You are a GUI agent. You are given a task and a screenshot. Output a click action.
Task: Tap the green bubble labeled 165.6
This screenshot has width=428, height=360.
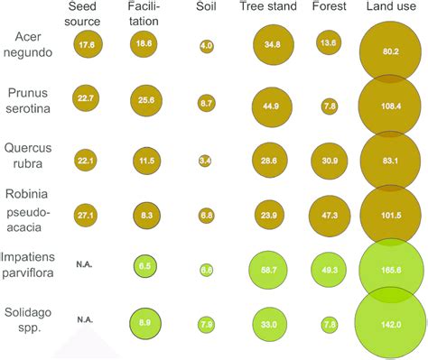[x=390, y=270]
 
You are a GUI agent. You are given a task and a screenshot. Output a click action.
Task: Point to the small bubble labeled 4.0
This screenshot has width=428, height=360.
[x=206, y=44]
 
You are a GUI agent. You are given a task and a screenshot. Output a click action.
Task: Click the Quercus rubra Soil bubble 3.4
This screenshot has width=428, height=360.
[x=206, y=161]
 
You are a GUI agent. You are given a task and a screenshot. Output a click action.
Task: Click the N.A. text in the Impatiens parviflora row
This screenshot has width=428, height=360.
[x=87, y=264]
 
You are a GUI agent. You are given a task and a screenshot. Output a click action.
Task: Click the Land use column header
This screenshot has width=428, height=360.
[x=390, y=8]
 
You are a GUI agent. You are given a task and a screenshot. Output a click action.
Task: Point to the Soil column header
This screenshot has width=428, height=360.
[x=206, y=8]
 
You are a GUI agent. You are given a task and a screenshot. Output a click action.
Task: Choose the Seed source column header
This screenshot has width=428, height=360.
[x=88, y=14]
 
